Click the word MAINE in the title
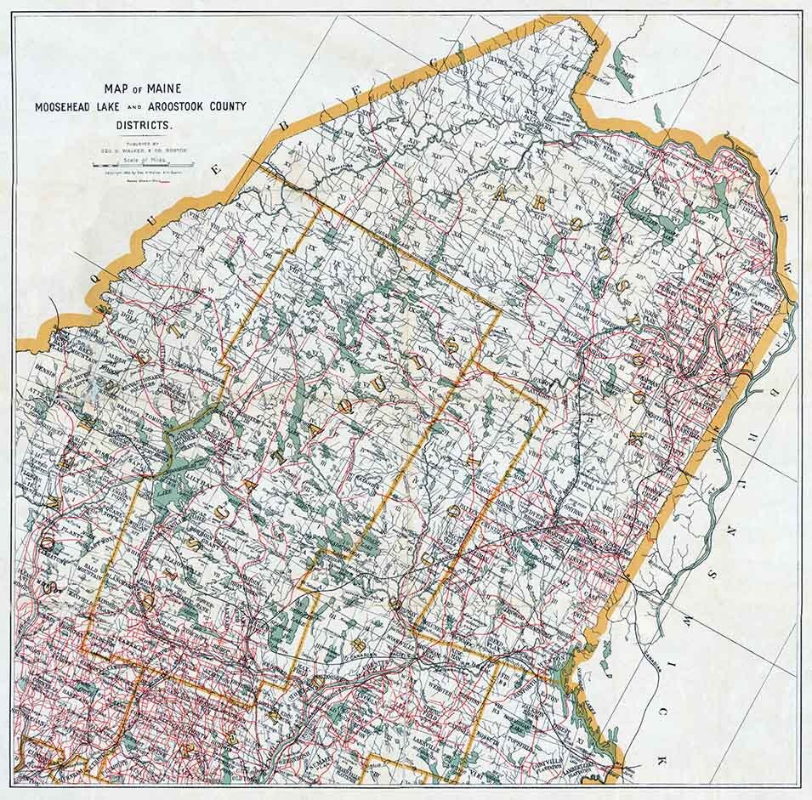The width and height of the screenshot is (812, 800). [168, 88]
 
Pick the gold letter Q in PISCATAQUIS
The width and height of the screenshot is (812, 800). [344, 406]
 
